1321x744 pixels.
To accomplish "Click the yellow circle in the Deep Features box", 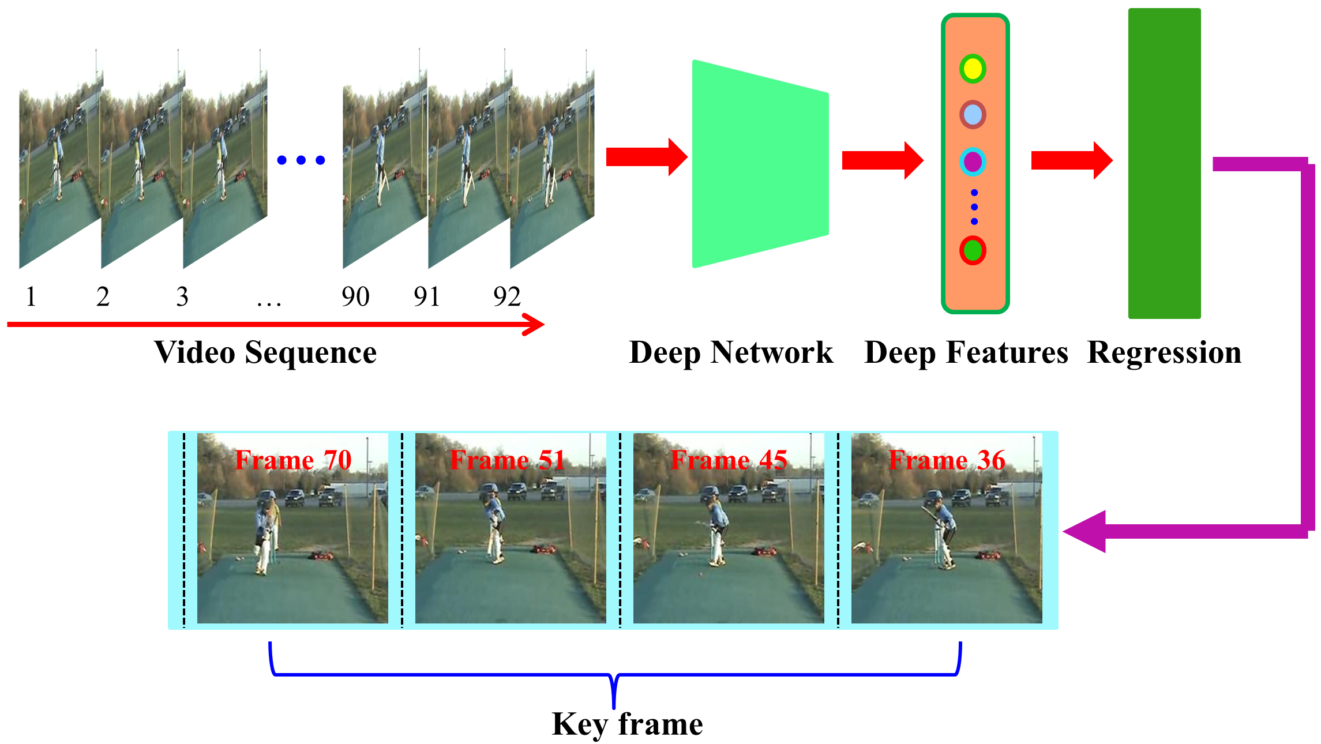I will [973, 69].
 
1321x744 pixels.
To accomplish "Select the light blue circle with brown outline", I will [973, 115].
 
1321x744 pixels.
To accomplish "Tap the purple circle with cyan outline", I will [973, 162].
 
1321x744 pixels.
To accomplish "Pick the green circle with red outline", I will [973, 250].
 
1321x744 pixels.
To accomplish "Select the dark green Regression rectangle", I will [1164, 163].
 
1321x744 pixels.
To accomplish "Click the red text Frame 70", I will [293, 460].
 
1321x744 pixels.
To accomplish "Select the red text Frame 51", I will [507, 460].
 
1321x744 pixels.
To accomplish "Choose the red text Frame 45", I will [729, 460].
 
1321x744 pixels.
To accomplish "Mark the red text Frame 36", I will [947, 460].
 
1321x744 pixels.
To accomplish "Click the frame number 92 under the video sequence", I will [507, 297].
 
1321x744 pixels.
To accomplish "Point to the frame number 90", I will [355, 297].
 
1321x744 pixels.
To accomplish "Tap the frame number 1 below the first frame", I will [31, 297].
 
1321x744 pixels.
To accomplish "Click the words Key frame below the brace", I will [627, 724].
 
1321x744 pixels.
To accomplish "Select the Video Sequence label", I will [265, 352].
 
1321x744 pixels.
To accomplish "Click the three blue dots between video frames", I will [301, 160].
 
